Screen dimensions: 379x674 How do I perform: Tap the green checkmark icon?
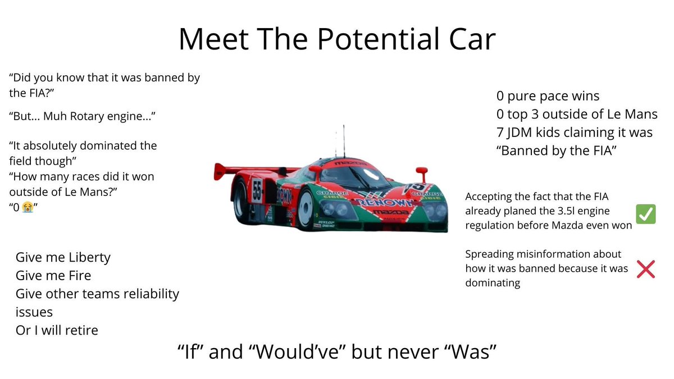pyautogui.click(x=645, y=214)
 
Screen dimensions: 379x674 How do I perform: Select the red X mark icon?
pyautogui.click(x=646, y=270)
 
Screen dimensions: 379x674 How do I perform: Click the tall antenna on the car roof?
pyautogui.click(x=344, y=140)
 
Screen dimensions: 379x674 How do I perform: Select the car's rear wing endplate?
pyautogui.click(x=220, y=171)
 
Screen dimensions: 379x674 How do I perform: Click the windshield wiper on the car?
pyautogui.click(x=359, y=179)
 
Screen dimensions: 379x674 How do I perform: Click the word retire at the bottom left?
pyautogui.click(x=79, y=330)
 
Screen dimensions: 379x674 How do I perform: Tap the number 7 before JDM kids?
pyautogui.click(x=500, y=133)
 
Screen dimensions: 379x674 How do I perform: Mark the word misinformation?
pyautogui.click(x=548, y=254)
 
